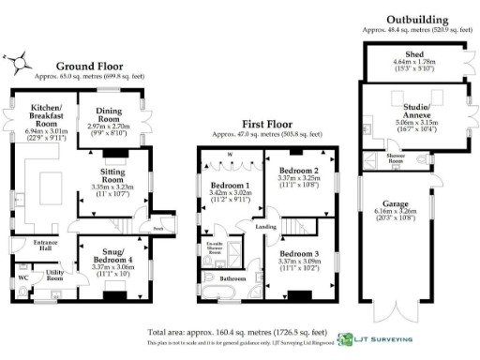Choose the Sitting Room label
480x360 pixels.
[x=119, y=172]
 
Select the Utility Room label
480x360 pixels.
[x=55, y=274]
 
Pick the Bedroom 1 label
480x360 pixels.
[x=223, y=186]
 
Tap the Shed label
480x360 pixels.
[x=414, y=54]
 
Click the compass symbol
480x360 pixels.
[x=18, y=61]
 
